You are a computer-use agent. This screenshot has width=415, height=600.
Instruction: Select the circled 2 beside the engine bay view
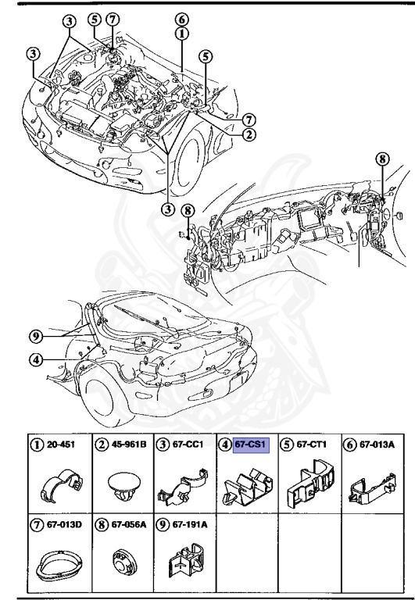tap(248, 134)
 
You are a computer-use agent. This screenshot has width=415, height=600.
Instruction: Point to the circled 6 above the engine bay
tap(181, 19)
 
